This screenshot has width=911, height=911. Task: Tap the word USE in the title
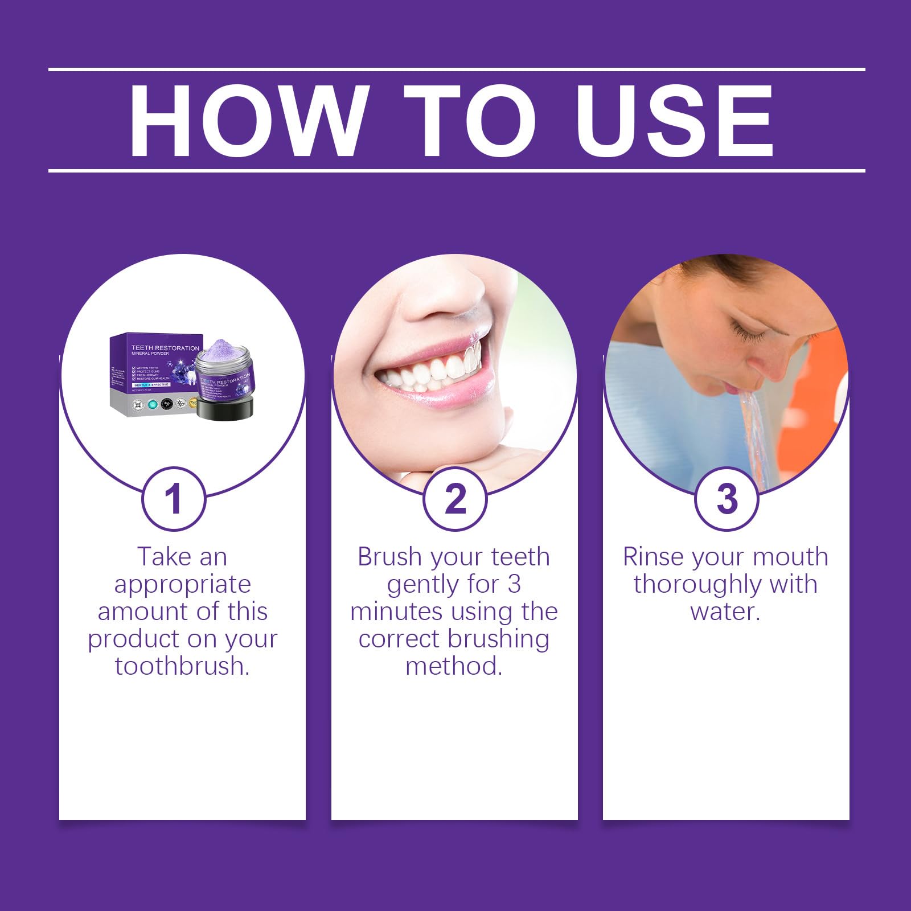click(675, 121)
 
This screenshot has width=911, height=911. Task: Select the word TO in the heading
click(470, 121)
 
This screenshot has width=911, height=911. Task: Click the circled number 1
click(173, 499)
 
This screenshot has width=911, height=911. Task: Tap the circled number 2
click(455, 499)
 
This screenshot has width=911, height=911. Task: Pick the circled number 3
click(727, 499)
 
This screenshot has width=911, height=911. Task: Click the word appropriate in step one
click(182, 584)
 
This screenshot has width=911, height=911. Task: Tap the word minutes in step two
click(397, 612)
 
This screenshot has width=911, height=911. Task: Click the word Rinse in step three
click(652, 557)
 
